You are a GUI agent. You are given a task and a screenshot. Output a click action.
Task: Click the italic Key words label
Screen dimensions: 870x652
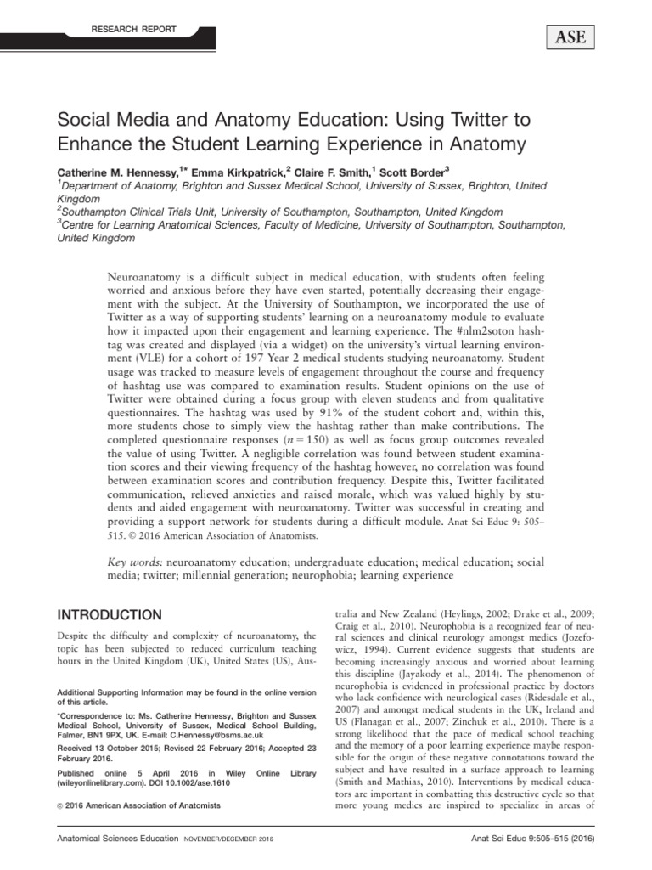tap(137, 562)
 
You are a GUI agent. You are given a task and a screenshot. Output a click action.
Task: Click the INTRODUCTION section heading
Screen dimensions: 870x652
tap(109, 614)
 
